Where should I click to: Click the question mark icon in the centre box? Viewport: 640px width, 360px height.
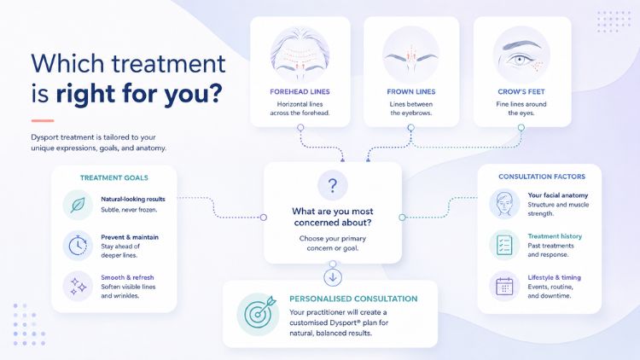click(333, 185)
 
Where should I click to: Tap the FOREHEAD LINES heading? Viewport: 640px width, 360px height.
click(300, 92)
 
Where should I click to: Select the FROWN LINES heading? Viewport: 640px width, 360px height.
click(411, 92)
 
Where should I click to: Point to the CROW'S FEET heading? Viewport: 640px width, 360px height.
click(521, 92)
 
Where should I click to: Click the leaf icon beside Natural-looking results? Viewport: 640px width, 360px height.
click(78, 205)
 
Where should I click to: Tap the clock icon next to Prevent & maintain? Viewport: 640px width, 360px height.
click(78, 246)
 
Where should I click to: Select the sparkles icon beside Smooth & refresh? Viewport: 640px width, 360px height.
click(78, 286)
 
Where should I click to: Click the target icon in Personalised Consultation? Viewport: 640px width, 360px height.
click(258, 314)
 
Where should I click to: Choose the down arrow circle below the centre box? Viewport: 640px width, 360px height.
click(333, 277)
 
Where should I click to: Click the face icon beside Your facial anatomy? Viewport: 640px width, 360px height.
click(504, 204)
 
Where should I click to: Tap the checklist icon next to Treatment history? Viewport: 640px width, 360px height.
click(504, 245)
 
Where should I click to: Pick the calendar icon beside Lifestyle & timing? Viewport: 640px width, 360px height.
click(504, 286)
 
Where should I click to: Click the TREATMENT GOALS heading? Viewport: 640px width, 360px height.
click(113, 178)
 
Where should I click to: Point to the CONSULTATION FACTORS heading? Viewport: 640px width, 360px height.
click(542, 177)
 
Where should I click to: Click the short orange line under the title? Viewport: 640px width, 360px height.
click(43, 121)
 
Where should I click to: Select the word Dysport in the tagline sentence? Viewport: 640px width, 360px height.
click(44, 137)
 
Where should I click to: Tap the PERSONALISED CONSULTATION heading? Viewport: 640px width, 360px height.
click(353, 299)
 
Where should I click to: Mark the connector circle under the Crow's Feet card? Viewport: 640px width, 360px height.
click(521, 128)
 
